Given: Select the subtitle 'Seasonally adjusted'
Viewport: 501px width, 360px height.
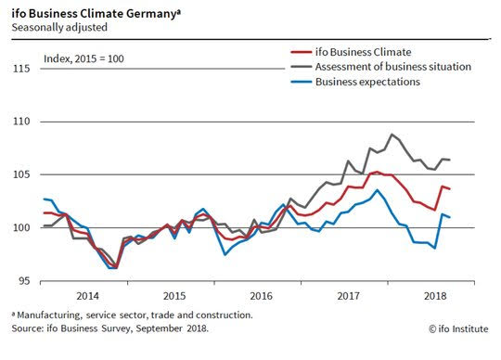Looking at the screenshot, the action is pyautogui.click(x=59, y=28).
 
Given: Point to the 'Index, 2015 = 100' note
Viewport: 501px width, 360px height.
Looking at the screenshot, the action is pyautogui.click(x=83, y=58).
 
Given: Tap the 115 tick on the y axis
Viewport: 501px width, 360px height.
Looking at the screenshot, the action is pyautogui.click(x=21, y=69).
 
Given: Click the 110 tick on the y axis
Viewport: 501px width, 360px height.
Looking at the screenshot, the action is pyautogui.click(x=21, y=122).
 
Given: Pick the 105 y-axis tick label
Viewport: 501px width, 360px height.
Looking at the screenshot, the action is pyautogui.click(x=21, y=174).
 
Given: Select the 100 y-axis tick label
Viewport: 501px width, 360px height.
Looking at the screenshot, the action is pyautogui.click(x=21, y=227).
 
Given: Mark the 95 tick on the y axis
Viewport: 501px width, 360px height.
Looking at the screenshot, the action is pyautogui.click(x=24, y=281).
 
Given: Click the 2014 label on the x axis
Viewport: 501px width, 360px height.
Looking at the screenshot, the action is pyautogui.click(x=87, y=296).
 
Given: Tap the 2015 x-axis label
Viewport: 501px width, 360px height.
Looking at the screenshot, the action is pyautogui.click(x=174, y=296).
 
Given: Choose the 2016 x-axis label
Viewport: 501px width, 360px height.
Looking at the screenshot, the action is pyautogui.click(x=262, y=296).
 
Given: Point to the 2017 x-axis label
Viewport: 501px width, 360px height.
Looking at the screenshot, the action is pyautogui.click(x=348, y=296).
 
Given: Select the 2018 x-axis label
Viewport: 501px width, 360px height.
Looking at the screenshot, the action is pyautogui.click(x=435, y=296).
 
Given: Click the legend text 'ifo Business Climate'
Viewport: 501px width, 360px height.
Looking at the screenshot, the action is pyautogui.click(x=364, y=52).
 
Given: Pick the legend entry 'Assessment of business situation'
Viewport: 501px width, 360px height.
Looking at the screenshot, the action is pyautogui.click(x=393, y=67).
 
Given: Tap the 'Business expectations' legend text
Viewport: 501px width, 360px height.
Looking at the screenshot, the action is pyautogui.click(x=367, y=82).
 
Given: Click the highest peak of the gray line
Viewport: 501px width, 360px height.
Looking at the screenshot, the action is pyautogui.click(x=392, y=135).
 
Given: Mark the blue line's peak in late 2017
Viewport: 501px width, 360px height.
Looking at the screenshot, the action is pyautogui.click(x=378, y=190).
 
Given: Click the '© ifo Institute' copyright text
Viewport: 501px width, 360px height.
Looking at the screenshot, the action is pyautogui.click(x=458, y=329).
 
